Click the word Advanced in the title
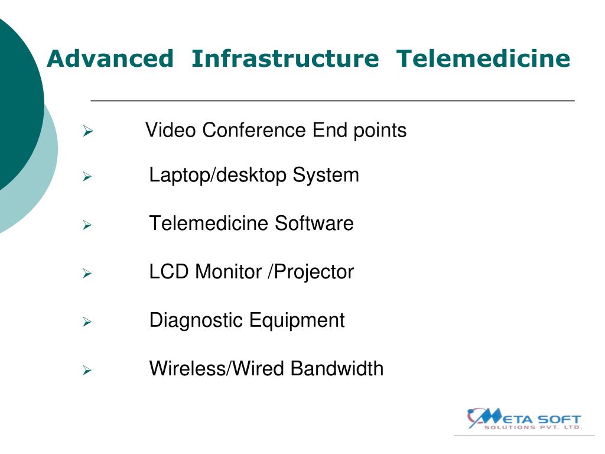(110, 59)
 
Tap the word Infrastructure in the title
(285, 59)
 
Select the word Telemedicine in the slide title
(483, 59)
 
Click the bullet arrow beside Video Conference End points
(87, 131)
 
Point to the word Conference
(255, 130)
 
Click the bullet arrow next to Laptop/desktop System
(87, 176)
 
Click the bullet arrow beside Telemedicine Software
(87, 225)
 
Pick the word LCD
(170, 272)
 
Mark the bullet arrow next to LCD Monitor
(87, 273)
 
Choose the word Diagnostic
(196, 320)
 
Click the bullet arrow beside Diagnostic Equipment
(87, 322)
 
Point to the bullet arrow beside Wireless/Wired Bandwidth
(87, 371)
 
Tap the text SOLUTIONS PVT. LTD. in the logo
(532, 427)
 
